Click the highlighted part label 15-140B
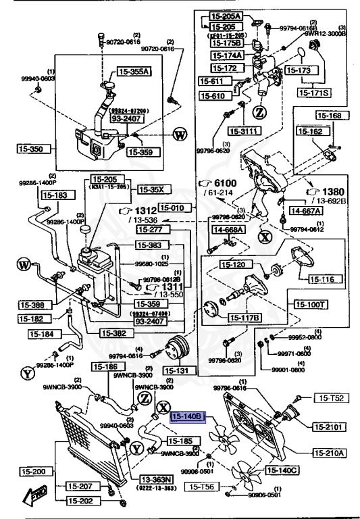tap(188, 418)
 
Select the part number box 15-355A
tap(134, 70)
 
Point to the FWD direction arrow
tap(33, 499)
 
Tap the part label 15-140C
tap(282, 470)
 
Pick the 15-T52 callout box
tap(328, 400)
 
